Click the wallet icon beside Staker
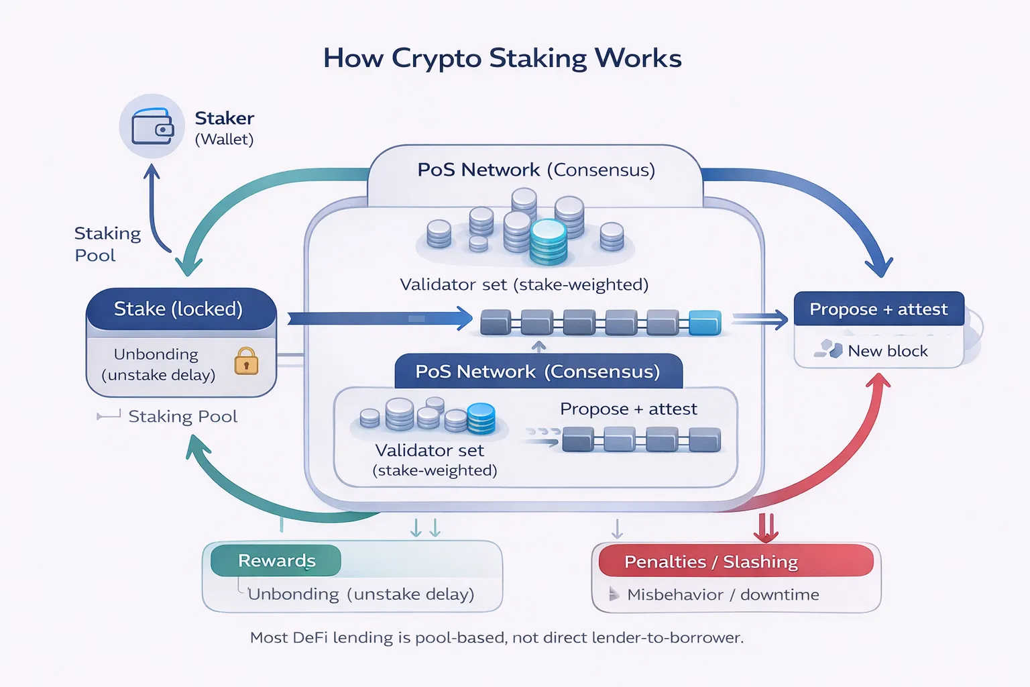152,127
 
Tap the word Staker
224,118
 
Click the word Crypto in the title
436,58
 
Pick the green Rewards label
276,561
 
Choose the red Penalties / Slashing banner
736,562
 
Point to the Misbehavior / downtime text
722,594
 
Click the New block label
887,351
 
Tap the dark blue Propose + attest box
878,309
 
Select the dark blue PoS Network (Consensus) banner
538,372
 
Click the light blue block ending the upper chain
705,323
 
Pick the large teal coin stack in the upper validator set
549,242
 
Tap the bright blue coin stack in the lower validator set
481,418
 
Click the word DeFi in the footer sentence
310,637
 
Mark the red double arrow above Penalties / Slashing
766,527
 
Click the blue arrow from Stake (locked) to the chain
380,318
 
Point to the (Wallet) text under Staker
224,140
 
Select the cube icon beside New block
829,349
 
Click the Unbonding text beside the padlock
156,354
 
